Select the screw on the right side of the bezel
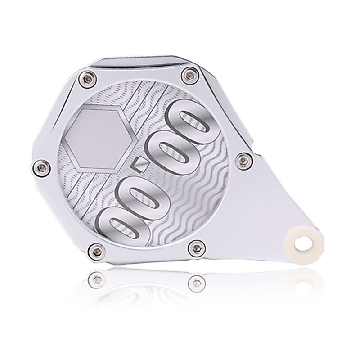click(245, 161)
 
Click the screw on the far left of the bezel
click(40, 168)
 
